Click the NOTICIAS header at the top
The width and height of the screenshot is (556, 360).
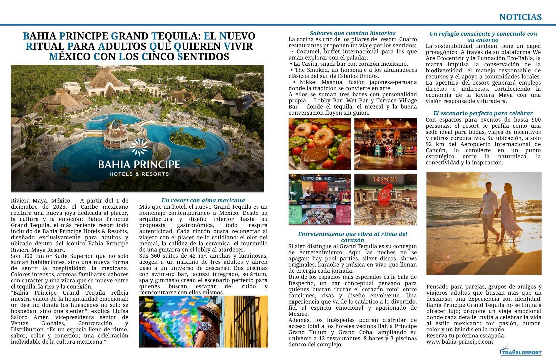(x=520, y=17)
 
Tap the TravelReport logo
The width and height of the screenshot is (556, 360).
(x=521, y=352)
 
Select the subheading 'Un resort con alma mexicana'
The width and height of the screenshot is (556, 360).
(x=203, y=200)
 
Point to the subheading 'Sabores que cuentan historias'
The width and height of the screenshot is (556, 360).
(x=353, y=33)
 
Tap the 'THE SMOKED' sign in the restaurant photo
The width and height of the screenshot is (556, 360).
(x=385, y=179)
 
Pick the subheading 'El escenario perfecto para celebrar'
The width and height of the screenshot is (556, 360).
(x=483, y=113)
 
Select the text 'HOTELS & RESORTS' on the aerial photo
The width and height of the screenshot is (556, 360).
(x=139, y=174)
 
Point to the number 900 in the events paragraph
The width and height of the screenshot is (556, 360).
(x=536, y=120)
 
